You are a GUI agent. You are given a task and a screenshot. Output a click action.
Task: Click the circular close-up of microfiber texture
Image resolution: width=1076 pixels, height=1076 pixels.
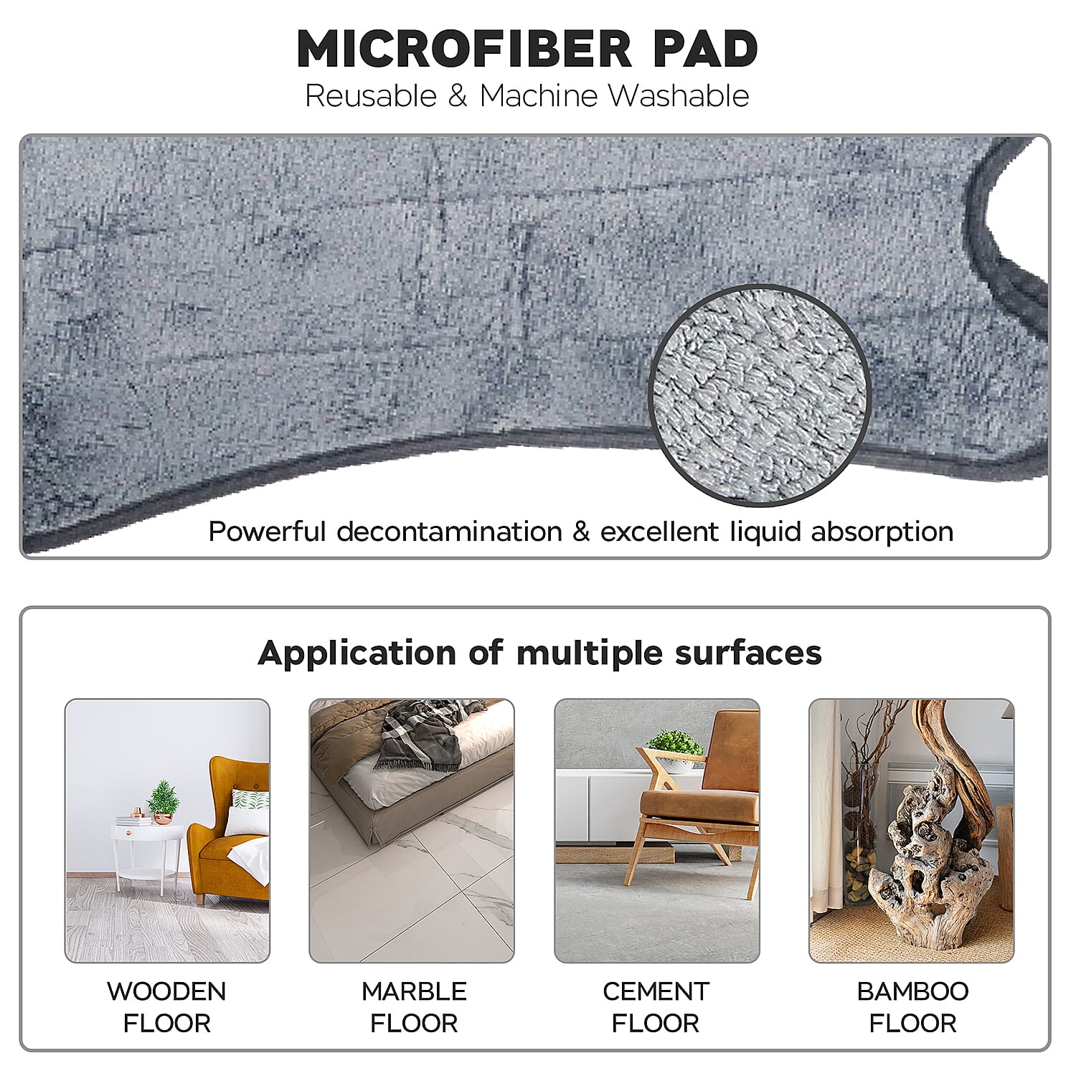pyautogui.click(x=759, y=395)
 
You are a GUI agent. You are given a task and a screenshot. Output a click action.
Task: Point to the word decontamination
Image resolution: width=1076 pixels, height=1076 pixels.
pyautogui.click(x=449, y=532)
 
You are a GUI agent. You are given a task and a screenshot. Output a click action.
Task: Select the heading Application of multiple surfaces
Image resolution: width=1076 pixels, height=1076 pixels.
pyautogui.click(x=539, y=653)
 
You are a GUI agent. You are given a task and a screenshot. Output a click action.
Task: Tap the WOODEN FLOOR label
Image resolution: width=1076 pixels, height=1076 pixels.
pyautogui.click(x=166, y=1006)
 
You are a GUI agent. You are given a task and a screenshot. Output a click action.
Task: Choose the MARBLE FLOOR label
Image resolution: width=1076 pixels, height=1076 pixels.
pyautogui.click(x=414, y=1006)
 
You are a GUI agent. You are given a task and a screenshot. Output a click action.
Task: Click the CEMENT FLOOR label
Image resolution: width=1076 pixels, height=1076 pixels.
pyautogui.click(x=656, y=1006)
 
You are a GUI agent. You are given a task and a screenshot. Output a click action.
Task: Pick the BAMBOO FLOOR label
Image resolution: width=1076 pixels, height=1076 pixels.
pyautogui.click(x=912, y=1006)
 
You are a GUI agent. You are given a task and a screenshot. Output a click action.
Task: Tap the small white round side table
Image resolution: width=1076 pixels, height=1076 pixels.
pyautogui.click(x=149, y=854)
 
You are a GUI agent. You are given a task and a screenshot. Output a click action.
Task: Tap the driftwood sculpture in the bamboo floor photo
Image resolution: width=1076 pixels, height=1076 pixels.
pyautogui.click(x=933, y=846)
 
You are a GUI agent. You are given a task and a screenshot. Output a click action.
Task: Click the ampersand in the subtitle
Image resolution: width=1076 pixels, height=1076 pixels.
pyautogui.click(x=458, y=96)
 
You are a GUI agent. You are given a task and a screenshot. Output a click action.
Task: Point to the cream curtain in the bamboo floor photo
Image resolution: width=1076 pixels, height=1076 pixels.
pyautogui.click(x=825, y=811)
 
